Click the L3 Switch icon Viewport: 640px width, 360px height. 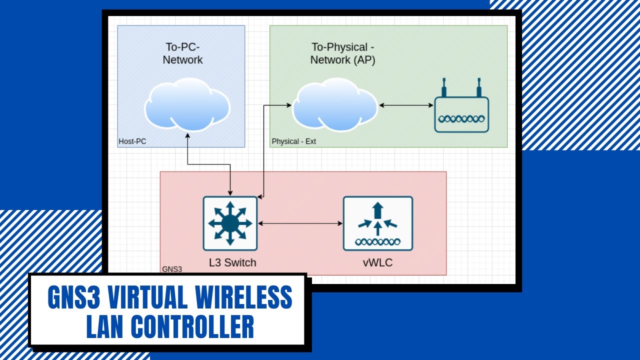click(x=230, y=223)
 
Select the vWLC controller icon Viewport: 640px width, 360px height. click(x=378, y=223)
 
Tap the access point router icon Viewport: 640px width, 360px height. click(x=461, y=114)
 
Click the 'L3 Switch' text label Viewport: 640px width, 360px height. click(x=232, y=262)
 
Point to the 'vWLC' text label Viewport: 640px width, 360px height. click(x=377, y=262)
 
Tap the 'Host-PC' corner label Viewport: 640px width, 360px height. click(x=132, y=141)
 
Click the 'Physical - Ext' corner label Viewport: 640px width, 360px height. click(x=293, y=141)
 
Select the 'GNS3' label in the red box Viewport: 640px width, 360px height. click(x=172, y=269)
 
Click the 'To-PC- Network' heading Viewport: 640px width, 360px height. click(x=183, y=53)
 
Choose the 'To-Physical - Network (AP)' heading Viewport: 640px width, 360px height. click(x=343, y=53)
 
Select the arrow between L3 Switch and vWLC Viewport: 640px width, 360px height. click(x=300, y=223)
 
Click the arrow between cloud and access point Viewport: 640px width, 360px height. click(x=405, y=105)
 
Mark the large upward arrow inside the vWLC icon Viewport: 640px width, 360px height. click(x=378, y=209)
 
